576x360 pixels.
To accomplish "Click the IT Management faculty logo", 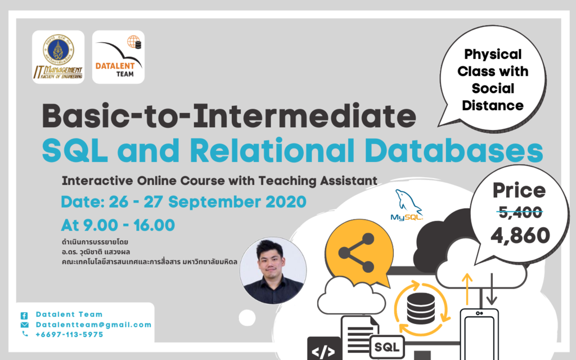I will [x=58, y=57].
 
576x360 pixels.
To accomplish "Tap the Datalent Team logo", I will [x=118, y=57].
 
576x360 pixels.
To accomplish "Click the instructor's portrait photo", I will [x=273, y=270].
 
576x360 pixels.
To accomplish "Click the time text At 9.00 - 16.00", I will [x=118, y=225].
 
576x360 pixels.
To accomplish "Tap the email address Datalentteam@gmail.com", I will [x=93, y=325].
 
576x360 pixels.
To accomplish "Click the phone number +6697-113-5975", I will [x=69, y=334].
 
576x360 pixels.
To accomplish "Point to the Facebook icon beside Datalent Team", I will [x=24, y=315].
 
